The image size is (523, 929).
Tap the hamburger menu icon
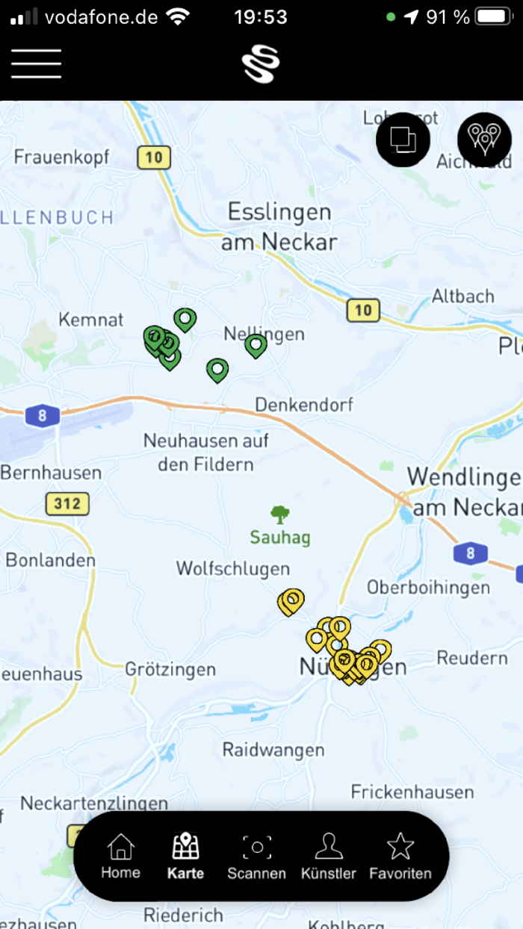(x=36, y=63)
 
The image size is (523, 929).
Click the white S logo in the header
(x=261, y=63)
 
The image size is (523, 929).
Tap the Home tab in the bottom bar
(x=120, y=857)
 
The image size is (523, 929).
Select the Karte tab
(x=185, y=857)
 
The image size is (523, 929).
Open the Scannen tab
(x=256, y=857)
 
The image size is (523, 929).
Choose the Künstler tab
(x=328, y=857)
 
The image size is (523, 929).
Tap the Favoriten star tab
(x=400, y=857)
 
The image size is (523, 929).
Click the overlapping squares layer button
(x=403, y=138)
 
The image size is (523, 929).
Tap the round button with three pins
(x=484, y=138)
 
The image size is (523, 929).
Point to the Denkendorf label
(x=304, y=405)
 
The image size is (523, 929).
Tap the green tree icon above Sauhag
(x=280, y=514)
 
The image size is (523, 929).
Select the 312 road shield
(x=67, y=503)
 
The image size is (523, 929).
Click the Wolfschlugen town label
(x=232, y=569)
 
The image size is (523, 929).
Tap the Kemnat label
(x=91, y=320)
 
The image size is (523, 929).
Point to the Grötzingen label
(x=170, y=669)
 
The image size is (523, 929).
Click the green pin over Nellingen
(x=256, y=345)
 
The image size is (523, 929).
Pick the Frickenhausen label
(x=412, y=792)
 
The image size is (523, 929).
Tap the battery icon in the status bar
(x=495, y=16)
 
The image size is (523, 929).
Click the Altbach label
(x=463, y=296)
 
